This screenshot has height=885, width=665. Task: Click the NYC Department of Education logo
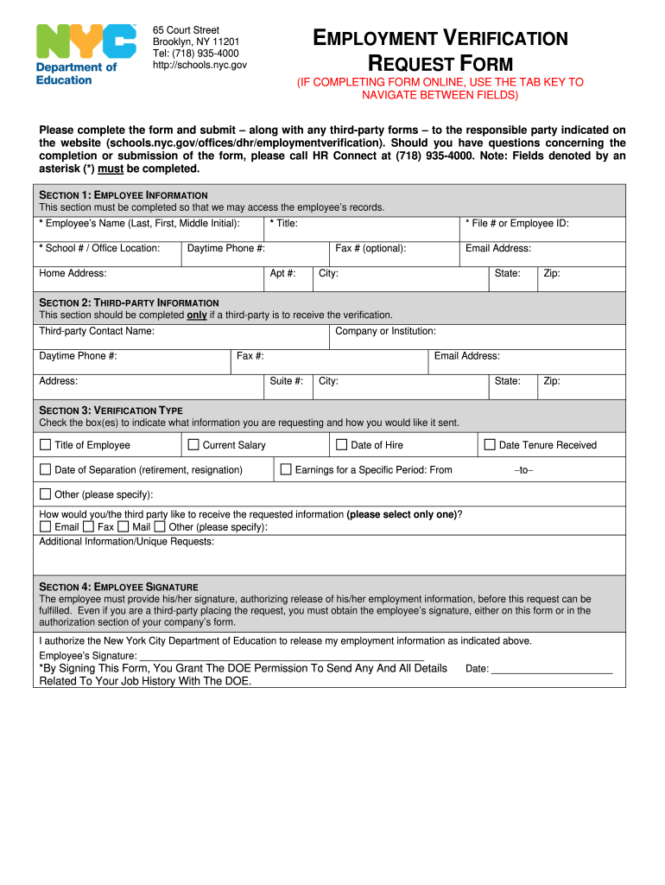(x=85, y=54)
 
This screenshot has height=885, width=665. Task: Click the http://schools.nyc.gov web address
(x=199, y=65)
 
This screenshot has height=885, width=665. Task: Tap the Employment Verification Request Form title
(x=440, y=51)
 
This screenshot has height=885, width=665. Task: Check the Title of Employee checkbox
(x=46, y=445)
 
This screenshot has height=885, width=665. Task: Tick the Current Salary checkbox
(x=193, y=445)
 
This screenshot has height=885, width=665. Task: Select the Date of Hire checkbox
(x=342, y=445)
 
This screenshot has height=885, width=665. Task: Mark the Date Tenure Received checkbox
(x=490, y=445)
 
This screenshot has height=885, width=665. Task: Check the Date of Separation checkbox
(x=46, y=470)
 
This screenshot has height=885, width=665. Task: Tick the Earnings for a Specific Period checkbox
(x=286, y=470)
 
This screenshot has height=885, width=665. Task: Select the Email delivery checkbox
(x=46, y=526)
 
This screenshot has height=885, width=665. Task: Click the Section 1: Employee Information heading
(x=123, y=195)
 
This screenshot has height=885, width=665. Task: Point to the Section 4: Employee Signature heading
(x=119, y=587)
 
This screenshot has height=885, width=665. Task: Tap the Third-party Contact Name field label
(x=97, y=331)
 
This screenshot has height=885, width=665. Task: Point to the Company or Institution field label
(x=385, y=331)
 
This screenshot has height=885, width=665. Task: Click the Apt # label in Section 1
(x=282, y=273)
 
